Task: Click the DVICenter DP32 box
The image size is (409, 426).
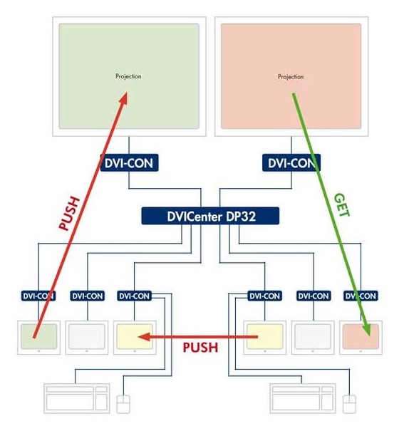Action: tap(210, 216)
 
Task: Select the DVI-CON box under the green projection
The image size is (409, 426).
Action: tap(130, 162)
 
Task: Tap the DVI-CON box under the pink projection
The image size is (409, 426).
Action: tap(291, 162)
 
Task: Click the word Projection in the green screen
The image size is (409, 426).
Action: tap(128, 76)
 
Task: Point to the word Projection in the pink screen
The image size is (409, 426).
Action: tap(291, 77)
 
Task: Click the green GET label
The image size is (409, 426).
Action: tap(341, 205)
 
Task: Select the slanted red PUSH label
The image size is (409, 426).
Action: tap(70, 213)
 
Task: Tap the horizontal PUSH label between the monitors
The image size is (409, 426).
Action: tap(200, 348)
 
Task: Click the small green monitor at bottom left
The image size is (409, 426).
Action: tap(39, 338)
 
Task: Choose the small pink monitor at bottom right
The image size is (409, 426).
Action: tap(361, 338)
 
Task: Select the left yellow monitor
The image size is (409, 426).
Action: tap(135, 338)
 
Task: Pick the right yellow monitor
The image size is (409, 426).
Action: tap(265, 338)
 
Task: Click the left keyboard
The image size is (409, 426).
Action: tap(77, 398)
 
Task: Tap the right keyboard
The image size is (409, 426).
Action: tap(303, 398)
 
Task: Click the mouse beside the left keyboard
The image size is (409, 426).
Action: tap(123, 404)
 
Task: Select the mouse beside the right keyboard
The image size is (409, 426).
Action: tap(349, 404)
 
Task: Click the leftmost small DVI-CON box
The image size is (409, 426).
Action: tap(38, 296)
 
